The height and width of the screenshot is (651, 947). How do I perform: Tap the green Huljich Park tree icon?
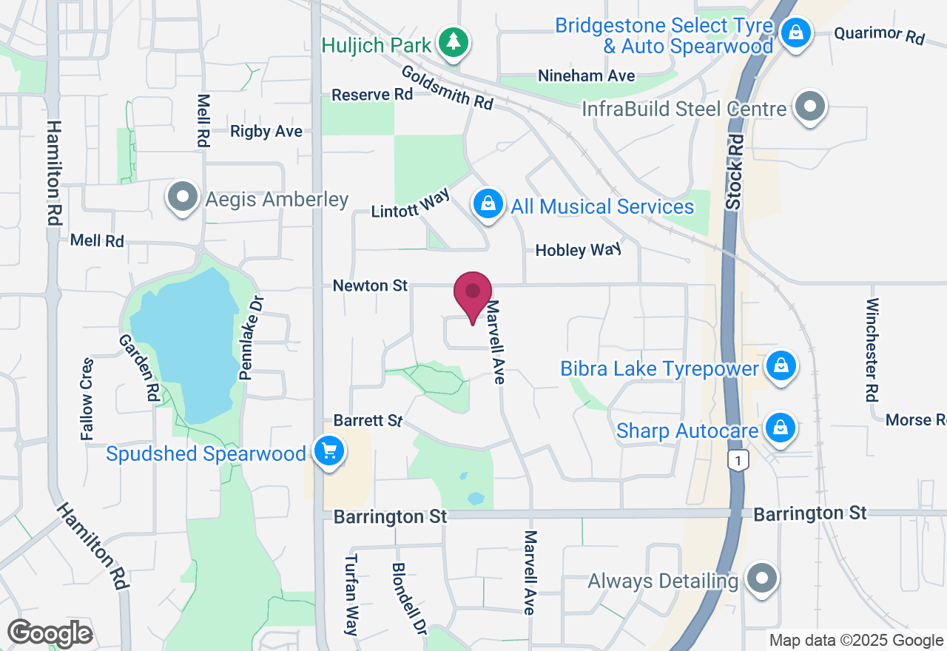(x=451, y=44)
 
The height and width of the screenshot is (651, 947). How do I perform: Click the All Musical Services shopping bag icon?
(x=488, y=204)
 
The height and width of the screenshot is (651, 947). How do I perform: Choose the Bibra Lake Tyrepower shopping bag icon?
(x=780, y=366)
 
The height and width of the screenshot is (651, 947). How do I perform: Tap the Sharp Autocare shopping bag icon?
(x=780, y=428)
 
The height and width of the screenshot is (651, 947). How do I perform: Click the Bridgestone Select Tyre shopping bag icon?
(x=795, y=33)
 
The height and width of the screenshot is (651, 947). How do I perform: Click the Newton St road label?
(x=370, y=286)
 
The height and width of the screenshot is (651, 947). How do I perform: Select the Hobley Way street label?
(x=578, y=250)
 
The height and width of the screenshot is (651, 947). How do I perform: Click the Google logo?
(x=50, y=633)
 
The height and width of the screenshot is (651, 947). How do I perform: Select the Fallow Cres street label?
(x=87, y=399)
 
